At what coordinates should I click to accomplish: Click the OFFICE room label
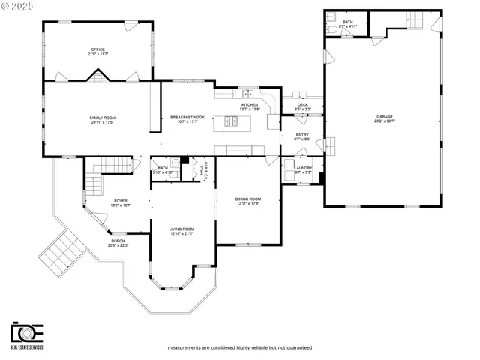click(x=98, y=49)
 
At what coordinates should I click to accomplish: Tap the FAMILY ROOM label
click(x=103, y=118)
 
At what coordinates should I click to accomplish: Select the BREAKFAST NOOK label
click(x=187, y=118)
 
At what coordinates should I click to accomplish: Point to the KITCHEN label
click(x=249, y=104)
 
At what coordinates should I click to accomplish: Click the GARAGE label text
click(x=384, y=117)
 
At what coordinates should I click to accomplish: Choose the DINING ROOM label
click(x=248, y=199)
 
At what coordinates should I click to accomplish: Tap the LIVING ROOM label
click(x=182, y=229)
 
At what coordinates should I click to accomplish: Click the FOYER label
click(x=120, y=200)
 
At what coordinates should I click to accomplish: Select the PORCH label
click(x=118, y=241)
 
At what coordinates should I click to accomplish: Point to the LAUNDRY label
click(x=303, y=168)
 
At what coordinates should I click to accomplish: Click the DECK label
click(x=302, y=104)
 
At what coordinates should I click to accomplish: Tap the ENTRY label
click(x=302, y=135)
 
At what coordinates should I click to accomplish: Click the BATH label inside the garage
click(x=347, y=22)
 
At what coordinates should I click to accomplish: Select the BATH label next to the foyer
click(x=163, y=168)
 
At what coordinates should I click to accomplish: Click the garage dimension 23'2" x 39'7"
click(x=384, y=121)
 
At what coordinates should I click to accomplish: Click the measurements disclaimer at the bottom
click(x=239, y=348)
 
